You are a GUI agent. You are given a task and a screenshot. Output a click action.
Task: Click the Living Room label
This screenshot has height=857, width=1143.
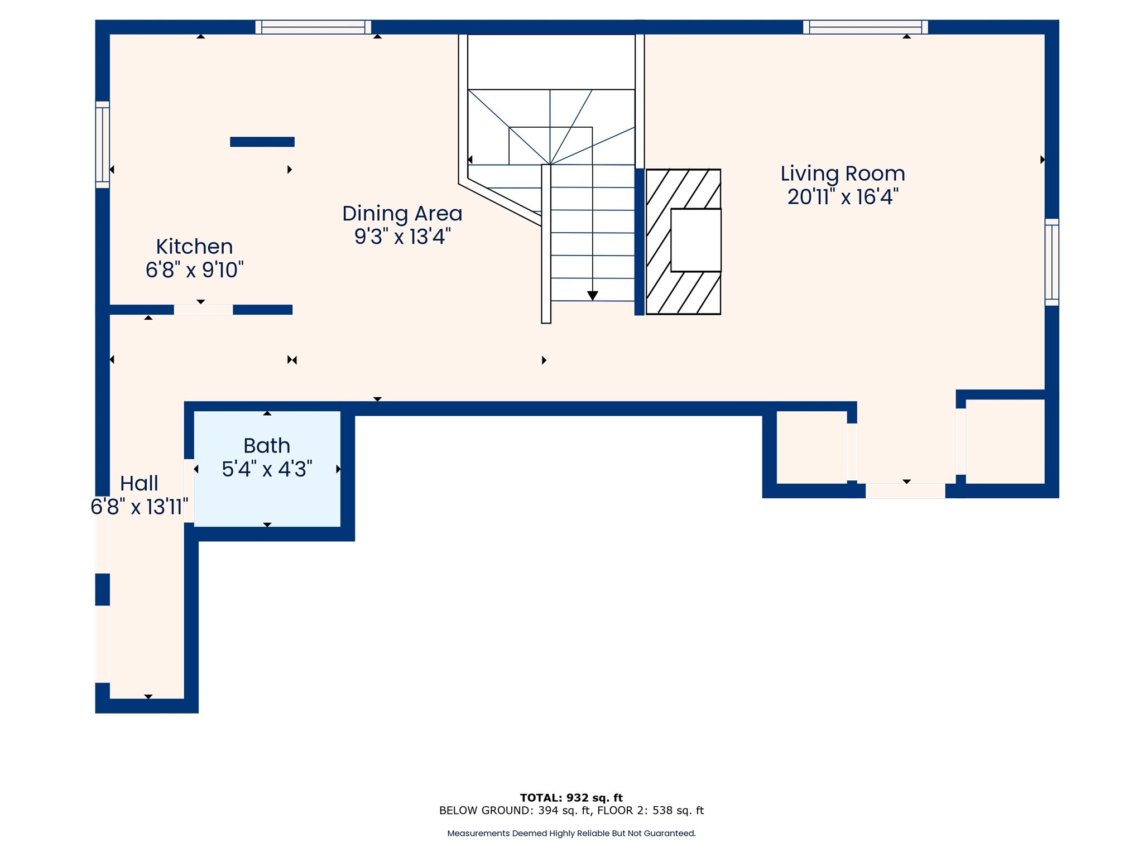pos(842,174)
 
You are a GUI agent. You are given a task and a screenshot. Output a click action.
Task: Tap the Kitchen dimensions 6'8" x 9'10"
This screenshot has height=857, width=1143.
pos(195,270)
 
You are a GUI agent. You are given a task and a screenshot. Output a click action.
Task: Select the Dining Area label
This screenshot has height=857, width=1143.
pos(402,214)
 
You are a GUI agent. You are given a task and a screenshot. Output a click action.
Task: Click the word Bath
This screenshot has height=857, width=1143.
pos(267,446)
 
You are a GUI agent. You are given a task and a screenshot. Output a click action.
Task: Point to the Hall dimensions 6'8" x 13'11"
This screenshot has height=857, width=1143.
pos(140,507)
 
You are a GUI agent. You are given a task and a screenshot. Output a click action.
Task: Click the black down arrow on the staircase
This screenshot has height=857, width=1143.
pos(593,296)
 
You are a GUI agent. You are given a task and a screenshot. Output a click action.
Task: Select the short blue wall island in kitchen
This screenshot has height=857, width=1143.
pos(262,142)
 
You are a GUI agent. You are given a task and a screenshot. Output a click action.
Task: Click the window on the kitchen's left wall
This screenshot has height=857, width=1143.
pos(103,145)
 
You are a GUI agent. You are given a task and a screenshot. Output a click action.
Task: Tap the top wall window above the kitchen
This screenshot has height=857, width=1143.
pos(313,27)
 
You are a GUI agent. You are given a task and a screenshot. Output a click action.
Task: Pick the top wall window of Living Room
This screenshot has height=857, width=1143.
pos(865,27)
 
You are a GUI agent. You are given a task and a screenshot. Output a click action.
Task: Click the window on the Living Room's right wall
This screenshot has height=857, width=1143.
pos(1051,262)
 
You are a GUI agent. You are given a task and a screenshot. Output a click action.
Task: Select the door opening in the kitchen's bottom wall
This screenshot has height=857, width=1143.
pos(203,310)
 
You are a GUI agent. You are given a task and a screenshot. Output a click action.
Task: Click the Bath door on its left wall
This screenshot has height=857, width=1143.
pos(189,490)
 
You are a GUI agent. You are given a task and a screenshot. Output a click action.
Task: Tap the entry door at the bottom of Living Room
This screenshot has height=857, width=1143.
pos(905,491)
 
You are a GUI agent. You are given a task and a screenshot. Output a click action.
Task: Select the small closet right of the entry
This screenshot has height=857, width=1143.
pos(1005,441)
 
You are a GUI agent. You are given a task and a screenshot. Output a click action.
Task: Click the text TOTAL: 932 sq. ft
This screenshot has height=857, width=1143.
pos(571,798)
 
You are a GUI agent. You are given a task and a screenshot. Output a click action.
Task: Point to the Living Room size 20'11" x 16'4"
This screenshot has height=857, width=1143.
pos(842,197)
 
